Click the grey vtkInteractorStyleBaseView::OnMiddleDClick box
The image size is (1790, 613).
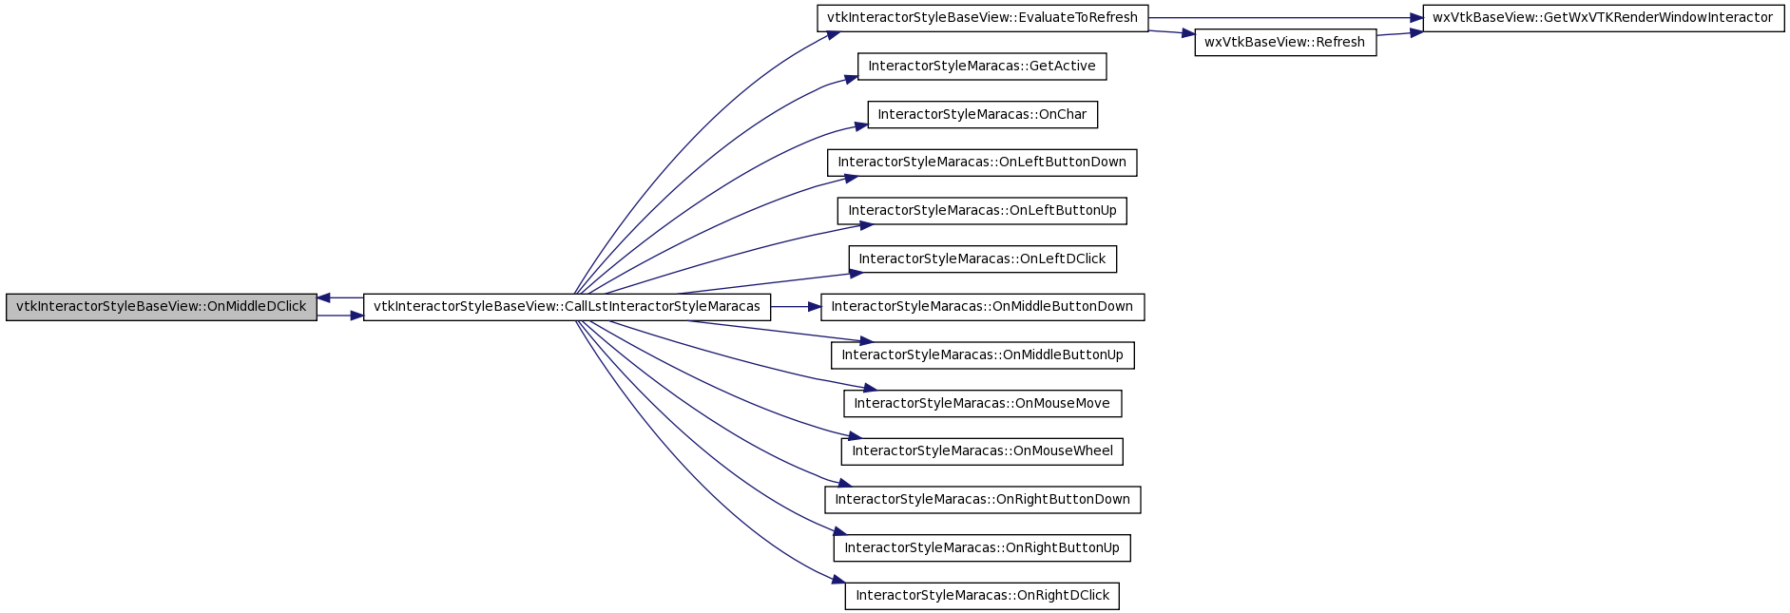(162, 307)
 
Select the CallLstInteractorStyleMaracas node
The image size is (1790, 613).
(567, 307)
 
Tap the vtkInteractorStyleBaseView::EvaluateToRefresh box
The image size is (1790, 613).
(982, 18)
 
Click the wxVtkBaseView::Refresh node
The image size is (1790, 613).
(1285, 43)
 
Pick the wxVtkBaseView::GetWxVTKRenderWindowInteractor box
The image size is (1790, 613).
(1603, 18)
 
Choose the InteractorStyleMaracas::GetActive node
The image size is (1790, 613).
(982, 67)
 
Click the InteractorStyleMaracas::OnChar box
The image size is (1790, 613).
(982, 115)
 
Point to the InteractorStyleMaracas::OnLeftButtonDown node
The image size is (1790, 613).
(982, 163)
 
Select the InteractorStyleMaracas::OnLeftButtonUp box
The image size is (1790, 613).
(982, 211)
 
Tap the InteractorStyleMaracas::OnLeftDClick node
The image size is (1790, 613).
(982, 259)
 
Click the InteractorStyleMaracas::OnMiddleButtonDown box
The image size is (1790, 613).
(982, 307)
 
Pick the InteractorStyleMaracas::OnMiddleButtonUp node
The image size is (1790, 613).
(982, 355)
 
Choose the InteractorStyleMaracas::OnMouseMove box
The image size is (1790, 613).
(982, 404)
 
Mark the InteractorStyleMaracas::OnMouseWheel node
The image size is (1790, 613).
(982, 451)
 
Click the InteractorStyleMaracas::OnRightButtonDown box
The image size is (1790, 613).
(982, 500)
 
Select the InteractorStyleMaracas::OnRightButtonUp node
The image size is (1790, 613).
(982, 548)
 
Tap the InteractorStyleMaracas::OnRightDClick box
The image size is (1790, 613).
(982, 596)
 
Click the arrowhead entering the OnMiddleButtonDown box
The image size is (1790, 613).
(814, 307)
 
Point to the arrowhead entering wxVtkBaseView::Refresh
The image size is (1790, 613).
(1187, 34)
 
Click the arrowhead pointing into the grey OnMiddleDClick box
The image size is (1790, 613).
(324, 298)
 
